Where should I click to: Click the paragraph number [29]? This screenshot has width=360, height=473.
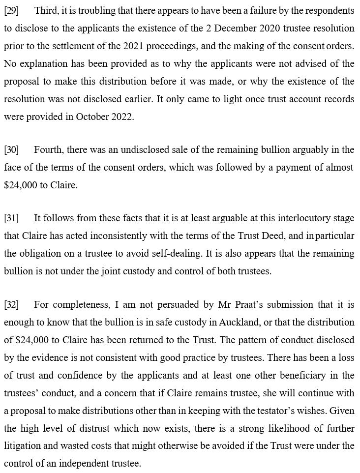pos(12,10)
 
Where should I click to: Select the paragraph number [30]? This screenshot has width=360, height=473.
pos(12,149)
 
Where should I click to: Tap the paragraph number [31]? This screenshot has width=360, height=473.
pos(12,218)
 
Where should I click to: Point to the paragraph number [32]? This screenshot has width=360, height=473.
pos(12,305)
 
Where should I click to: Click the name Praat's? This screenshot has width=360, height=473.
pos(234,305)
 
